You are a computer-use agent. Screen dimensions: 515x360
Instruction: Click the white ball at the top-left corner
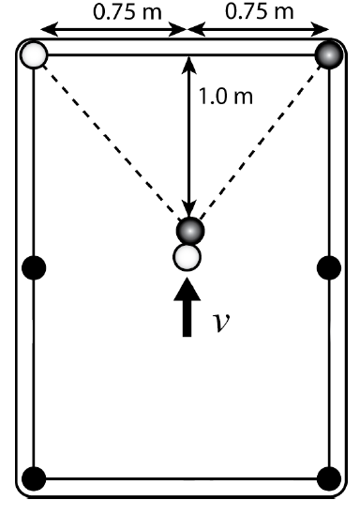point(34,54)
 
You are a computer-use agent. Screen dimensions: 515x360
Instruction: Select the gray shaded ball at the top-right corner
point(328,54)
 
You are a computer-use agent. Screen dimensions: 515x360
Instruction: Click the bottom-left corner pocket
point(34,478)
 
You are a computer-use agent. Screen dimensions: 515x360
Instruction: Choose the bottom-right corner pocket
point(328,478)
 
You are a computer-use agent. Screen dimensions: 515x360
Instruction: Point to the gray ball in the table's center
point(190,230)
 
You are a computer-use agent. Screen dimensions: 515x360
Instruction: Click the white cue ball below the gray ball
point(188,256)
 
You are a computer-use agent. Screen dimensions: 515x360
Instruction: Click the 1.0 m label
point(218,96)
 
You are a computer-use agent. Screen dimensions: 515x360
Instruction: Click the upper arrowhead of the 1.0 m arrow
point(190,63)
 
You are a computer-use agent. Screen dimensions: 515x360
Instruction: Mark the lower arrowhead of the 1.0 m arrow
point(190,212)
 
